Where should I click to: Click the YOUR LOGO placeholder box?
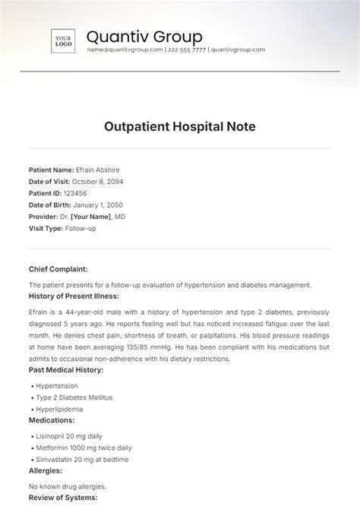pos(64,41)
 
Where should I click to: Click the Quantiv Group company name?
pos(144,36)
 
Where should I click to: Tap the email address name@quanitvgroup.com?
pos(125,49)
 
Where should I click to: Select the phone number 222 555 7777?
pos(186,49)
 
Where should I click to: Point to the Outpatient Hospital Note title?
pos(180,125)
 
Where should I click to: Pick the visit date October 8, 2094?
pos(97,182)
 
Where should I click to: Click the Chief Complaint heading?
pos(58,269)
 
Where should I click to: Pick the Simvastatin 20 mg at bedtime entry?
pos(82,460)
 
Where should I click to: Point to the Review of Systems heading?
pos(63,498)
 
